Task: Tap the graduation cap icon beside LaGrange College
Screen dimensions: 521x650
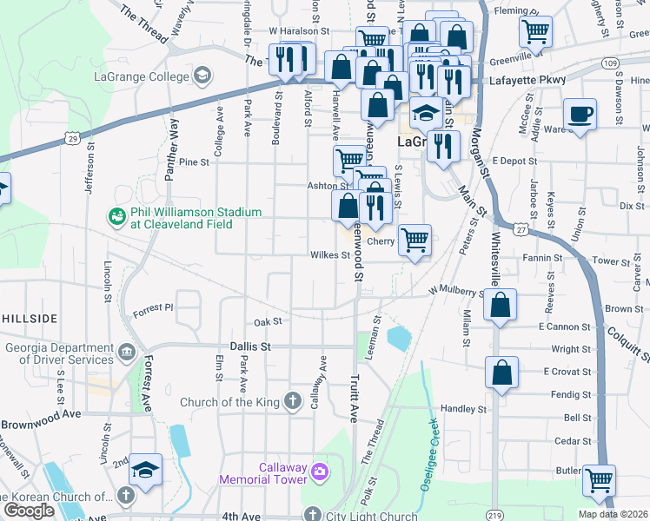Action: tap(203, 76)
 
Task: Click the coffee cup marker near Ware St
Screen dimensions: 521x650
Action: tap(580, 114)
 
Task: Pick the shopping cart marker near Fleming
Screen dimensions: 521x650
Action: tap(535, 32)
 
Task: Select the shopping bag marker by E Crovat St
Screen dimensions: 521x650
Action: tap(502, 373)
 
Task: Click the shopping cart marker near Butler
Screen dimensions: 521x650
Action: tap(599, 479)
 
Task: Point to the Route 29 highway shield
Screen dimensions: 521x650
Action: tap(73, 139)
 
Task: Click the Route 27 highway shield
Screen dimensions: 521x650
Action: tap(520, 229)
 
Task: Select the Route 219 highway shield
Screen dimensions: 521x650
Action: tap(494, 515)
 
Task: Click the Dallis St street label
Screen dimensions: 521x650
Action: tap(251, 346)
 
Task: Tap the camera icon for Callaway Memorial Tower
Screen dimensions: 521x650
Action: tap(320, 472)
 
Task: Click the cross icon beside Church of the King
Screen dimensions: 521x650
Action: tap(294, 401)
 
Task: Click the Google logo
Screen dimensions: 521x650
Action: tap(29, 511)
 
